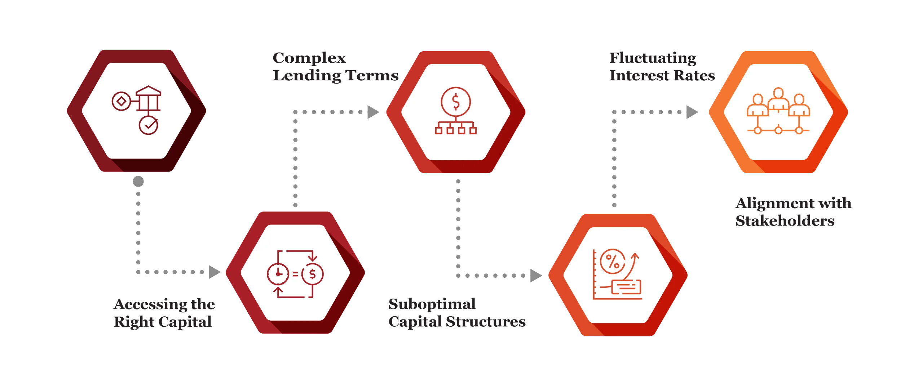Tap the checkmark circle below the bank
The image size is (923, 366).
click(x=149, y=125)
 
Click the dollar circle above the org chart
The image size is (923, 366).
click(x=456, y=102)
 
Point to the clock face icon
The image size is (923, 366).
click(x=278, y=274)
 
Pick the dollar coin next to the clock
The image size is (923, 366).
click(x=312, y=274)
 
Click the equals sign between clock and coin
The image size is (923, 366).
click(x=295, y=274)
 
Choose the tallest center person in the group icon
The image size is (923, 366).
click(x=778, y=99)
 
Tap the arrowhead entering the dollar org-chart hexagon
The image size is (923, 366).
click(x=373, y=112)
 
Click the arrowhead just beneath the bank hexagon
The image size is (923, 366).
click(x=137, y=181)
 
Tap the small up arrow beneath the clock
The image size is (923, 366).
click(x=277, y=290)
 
